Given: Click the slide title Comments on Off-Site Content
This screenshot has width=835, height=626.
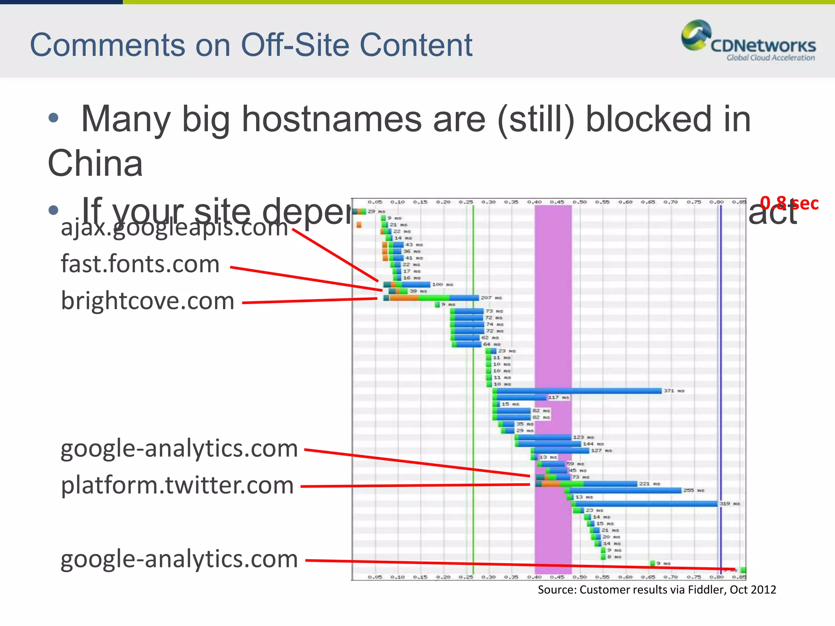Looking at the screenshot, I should (x=251, y=45).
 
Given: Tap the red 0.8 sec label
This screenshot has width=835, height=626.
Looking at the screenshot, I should (x=789, y=203).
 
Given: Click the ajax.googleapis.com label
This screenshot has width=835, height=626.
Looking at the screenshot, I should (x=175, y=227).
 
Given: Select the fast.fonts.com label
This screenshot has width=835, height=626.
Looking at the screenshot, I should (x=140, y=264).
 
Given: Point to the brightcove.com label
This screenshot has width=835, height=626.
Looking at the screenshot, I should (x=148, y=301).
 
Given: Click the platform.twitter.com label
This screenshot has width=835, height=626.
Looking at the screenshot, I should (x=177, y=485).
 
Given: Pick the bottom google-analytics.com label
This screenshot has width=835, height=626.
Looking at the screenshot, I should (x=179, y=559).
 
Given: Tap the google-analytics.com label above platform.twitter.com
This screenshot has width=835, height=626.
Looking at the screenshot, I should (x=179, y=448).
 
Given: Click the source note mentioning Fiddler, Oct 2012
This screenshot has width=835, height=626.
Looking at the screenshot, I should (x=657, y=590).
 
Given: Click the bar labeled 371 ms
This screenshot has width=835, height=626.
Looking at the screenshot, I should (x=577, y=391).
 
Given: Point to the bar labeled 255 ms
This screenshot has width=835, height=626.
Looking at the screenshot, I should (x=624, y=490).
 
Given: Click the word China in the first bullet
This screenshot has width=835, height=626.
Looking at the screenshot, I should (x=95, y=163).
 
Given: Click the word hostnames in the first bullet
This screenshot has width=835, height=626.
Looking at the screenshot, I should (x=332, y=119).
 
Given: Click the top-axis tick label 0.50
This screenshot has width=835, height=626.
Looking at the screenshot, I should (x=580, y=202).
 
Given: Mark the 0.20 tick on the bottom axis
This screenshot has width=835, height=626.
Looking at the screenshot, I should (x=443, y=577).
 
